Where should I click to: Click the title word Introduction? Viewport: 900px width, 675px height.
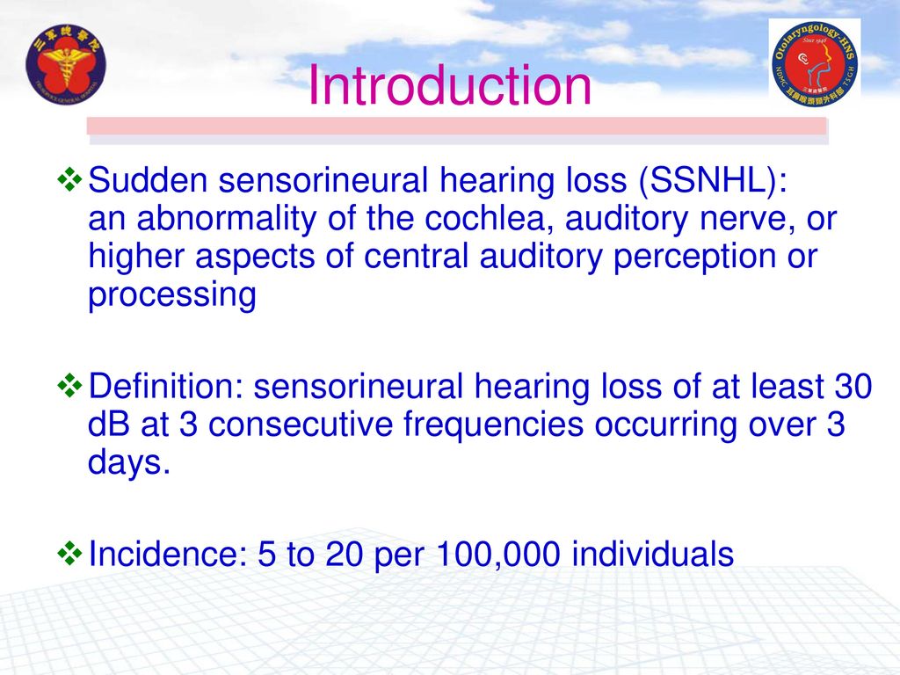coord(450,87)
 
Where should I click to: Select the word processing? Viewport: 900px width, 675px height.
coord(172,296)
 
